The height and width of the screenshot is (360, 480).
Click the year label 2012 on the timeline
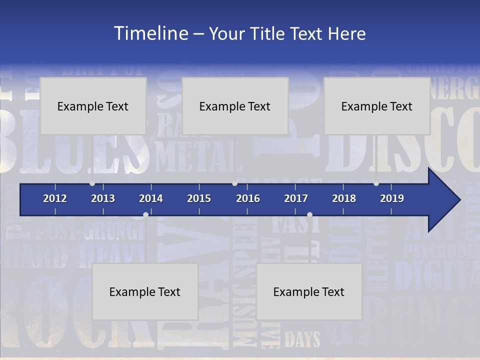pyautogui.click(x=55, y=198)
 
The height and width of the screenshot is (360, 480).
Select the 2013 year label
pyautogui.click(x=103, y=198)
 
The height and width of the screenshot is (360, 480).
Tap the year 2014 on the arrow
pyautogui.click(x=151, y=198)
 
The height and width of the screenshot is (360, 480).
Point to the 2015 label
pyautogui.click(x=199, y=198)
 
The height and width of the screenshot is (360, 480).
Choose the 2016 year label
pyautogui.click(x=248, y=198)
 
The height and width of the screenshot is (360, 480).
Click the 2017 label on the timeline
pyautogui.click(x=296, y=198)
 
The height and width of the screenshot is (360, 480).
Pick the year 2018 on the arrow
pyautogui.click(x=344, y=198)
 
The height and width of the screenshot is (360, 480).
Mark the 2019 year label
pyautogui.click(x=392, y=198)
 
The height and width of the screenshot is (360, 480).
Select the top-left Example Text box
pyautogui.click(x=93, y=106)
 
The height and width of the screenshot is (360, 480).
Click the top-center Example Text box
pyautogui.click(x=235, y=106)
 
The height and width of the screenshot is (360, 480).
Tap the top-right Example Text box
pyautogui.click(x=377, y=106)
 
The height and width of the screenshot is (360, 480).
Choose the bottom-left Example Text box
pyautogui.click(x=145, y=291)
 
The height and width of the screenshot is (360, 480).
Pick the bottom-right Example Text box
pyautogui.click(x=309, y=291)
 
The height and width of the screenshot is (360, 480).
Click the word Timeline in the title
pyautogui.click(x=150, y=33)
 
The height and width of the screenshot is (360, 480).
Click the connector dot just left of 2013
pyautogui.click(x=92, y=183)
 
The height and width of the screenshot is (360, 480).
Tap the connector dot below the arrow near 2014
pyautogui.click(x=145, y=214)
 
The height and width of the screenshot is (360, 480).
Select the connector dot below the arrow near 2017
pyautogui.click(x=309, y=214)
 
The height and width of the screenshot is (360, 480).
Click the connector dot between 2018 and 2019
pyautogui.click(x=376, y=183)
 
